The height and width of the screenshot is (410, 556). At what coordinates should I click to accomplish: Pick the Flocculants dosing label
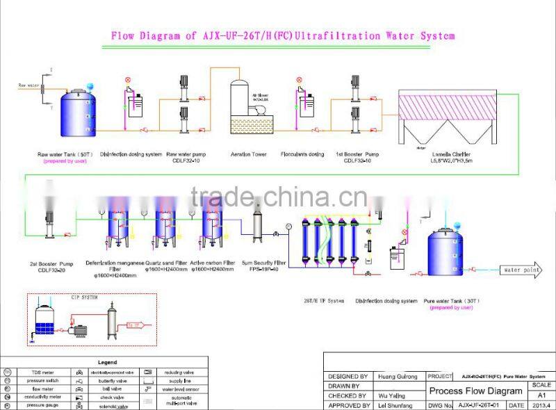[x=302, y=154]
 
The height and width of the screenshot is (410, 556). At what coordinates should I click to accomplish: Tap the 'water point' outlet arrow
[x=522, y=270]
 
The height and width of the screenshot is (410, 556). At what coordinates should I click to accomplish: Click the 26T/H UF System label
[x=324, y=301]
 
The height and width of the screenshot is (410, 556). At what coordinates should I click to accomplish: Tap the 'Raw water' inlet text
[x=27, y=85]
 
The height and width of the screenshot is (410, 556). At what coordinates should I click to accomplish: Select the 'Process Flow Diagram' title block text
[x=475, y=391]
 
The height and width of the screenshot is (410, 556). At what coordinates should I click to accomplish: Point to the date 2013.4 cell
[x=540, y=405]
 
